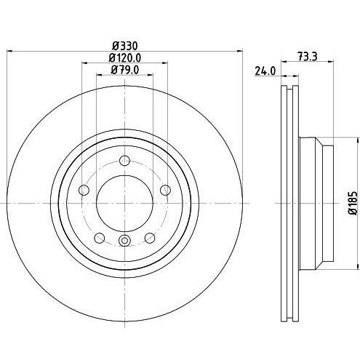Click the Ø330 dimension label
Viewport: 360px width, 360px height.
[x=125, y=46]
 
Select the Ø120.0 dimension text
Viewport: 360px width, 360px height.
[x=125, y=57]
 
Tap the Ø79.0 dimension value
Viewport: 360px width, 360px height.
[x=125, y=70]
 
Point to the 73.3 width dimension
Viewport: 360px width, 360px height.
[x=308, y=57]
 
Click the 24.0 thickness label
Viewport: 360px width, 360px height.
[x=265, y=71]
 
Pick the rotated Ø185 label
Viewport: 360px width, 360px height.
[x=353, y=203]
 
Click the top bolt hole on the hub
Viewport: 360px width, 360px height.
[x=125, y=160]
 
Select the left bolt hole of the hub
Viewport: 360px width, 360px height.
[x=84, y=190]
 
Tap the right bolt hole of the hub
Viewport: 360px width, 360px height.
[x=166, y=190]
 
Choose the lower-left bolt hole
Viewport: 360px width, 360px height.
[x=99, y=238]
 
